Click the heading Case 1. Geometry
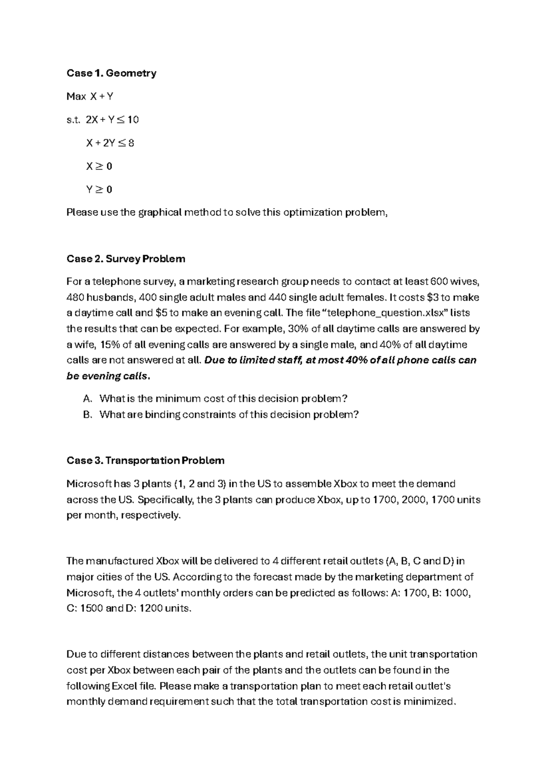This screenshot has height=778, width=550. [111, 73]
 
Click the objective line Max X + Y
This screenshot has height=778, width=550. [90, 96]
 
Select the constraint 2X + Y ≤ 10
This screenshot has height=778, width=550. [112, 120]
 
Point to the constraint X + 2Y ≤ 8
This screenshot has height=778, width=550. [110, 143]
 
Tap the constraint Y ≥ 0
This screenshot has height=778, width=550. [99, 189]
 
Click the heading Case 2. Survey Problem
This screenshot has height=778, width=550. [126, 259]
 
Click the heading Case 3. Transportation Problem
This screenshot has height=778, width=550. [146, 460]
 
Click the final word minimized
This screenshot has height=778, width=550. [429, 701]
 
